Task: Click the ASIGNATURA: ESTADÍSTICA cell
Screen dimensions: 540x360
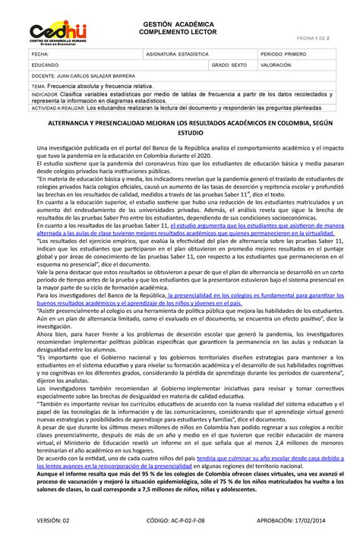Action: pos(179,55)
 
